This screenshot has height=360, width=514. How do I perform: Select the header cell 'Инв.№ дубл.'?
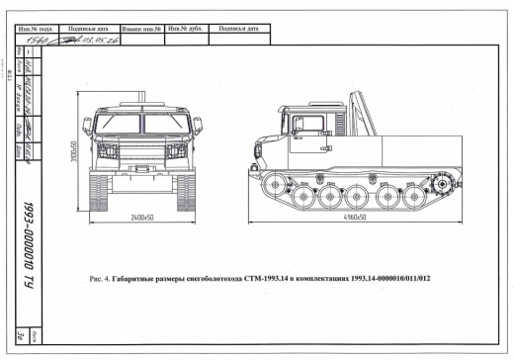[x=185, y=28]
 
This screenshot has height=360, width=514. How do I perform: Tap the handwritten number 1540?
[x=49, y=39]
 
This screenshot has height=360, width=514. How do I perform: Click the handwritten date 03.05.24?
[x=97, y=39]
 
